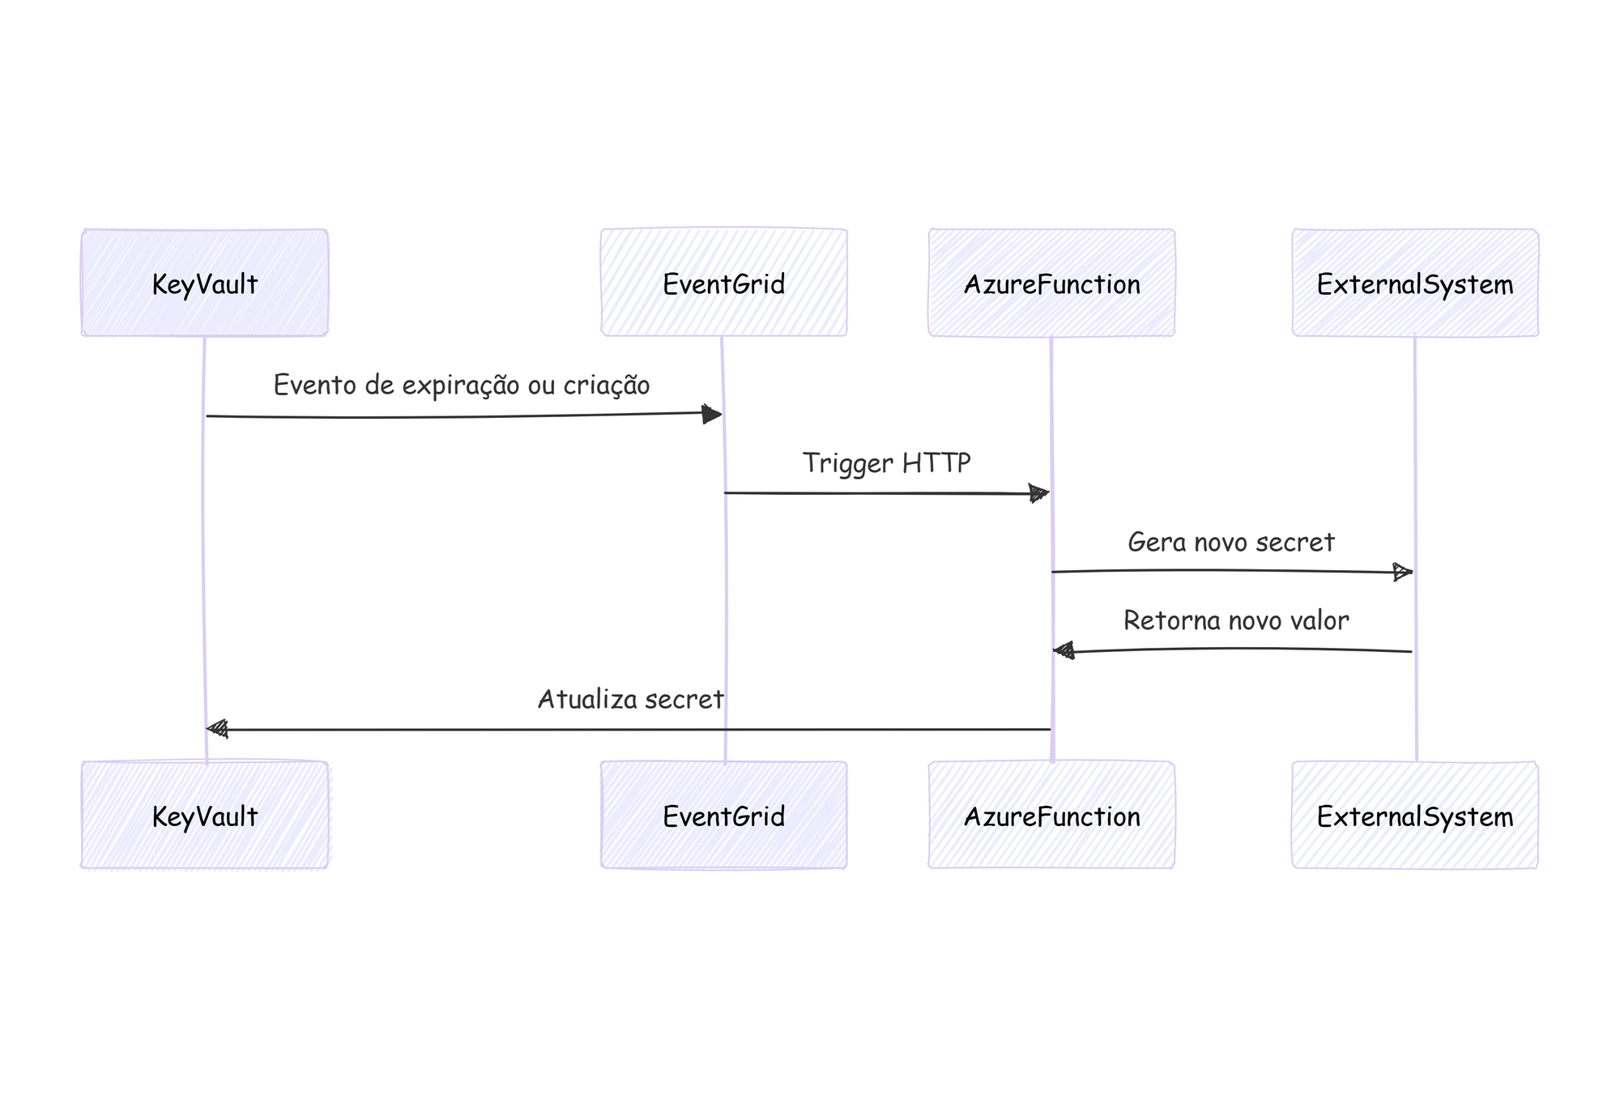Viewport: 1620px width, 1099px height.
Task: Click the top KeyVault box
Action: point(204,283)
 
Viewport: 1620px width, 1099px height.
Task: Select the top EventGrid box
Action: point(723,283)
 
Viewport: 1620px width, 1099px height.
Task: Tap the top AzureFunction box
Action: point(1051,283)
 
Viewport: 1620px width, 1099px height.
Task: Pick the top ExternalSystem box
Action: point(1414,283)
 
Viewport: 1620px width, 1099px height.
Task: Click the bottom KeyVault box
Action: point(204,815)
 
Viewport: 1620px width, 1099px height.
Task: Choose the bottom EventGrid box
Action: point(723,815)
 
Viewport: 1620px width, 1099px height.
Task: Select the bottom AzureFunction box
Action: point(1051,815)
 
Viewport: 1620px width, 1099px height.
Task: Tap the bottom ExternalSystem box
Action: point(1414,815)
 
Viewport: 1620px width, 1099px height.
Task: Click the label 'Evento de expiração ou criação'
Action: point(462,386)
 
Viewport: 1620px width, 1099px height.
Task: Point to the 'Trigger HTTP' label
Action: point(886,463)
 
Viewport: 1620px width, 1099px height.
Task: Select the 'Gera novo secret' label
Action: point(1230,542)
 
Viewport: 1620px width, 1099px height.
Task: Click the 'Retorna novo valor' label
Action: point(1236,620)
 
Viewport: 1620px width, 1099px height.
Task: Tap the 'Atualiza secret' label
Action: point(630,699)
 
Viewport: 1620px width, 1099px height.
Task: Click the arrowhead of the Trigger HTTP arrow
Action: point(1038,493)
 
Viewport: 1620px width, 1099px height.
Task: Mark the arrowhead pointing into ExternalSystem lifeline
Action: point(1402,572)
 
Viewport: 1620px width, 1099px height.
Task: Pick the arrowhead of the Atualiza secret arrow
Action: point(218,729)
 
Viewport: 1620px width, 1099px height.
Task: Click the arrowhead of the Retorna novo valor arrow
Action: point(1064,650)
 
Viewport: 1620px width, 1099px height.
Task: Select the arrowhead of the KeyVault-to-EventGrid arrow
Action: point(711,415)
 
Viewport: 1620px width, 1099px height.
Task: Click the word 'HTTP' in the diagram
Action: point(936,463)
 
